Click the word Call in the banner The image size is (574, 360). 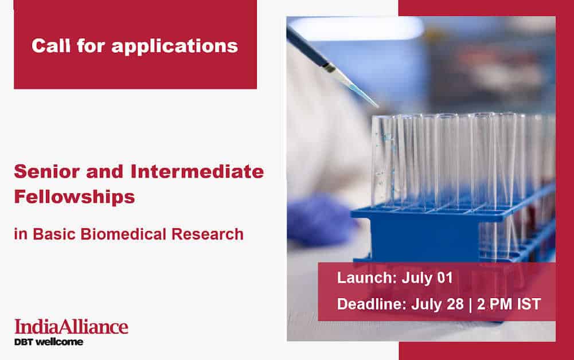[x=51, y=46]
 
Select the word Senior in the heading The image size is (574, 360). [x=47, y=171]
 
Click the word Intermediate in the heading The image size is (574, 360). [x=197, y=171]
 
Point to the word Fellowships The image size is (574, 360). [x=75, y=197]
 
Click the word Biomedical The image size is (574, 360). [x=123, y=234]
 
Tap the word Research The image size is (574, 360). [x=208, y=234]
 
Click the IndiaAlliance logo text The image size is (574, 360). [x=71, y=327]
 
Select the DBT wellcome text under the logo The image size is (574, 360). [x=49, y=342]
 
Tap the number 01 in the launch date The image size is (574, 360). [x=445, y=277]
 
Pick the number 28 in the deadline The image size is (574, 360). [x=455, y=304]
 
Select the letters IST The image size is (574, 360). [x=529, y=304]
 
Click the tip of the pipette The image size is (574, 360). [x=378, y=107]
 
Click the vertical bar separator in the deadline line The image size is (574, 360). [x=471, y=304]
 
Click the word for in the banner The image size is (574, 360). [x=91, y=46]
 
